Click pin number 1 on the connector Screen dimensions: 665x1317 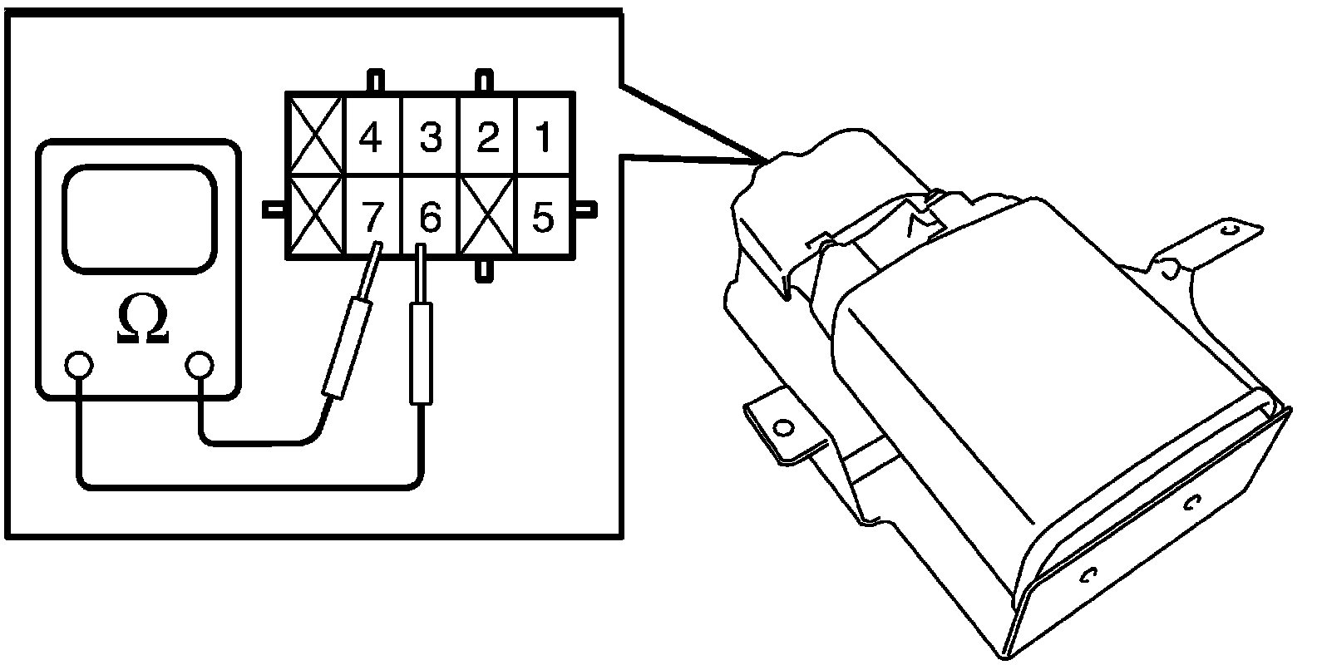tap(543, 137)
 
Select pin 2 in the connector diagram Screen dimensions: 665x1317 tap(486, 137)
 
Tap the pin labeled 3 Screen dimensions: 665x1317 tap(430, 137)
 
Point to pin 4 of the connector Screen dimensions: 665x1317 tap(371, 137)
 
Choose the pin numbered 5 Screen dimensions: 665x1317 tap(543, 219)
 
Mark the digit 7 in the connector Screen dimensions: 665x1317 tap(371, 219)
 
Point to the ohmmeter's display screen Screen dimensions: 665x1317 tap(139, 218)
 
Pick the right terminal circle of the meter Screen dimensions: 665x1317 tap(200, 365)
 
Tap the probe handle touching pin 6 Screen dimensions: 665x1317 tap(422, 353)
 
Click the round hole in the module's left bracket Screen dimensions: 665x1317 tap(781, 428)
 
